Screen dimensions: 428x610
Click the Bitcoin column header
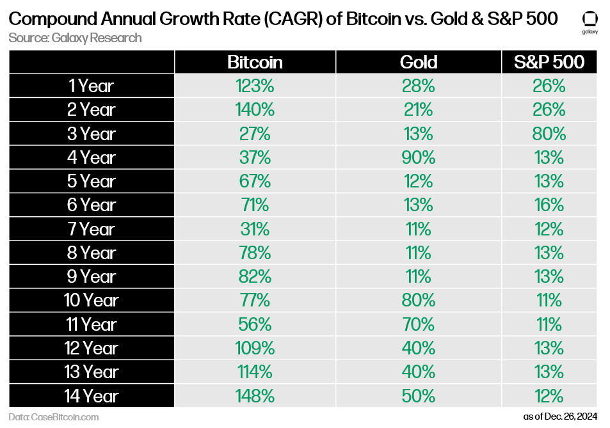coord(255,62)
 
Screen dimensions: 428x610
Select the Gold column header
coord(418,62)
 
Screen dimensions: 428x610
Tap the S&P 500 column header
coord(549,62)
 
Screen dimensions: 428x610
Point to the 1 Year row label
coord(91,86)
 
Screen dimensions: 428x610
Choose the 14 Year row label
coord(91,395)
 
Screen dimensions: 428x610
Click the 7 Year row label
coord(91,229)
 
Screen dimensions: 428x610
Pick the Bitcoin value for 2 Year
coord(255,109)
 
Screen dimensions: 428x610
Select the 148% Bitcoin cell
coord(255,395)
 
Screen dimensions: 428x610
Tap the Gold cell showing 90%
coord(418,157)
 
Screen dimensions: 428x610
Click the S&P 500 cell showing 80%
coord(549,134)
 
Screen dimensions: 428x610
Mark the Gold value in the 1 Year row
coord(418,86)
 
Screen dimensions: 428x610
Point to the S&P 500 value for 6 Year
coord(549,205)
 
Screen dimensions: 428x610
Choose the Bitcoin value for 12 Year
coord(255,348)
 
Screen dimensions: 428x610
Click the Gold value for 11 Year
coord(418,324)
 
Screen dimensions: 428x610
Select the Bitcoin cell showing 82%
coord(255,276)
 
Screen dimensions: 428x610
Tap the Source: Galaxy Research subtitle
coord(75,38)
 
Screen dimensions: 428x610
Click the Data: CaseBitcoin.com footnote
coord(54,416)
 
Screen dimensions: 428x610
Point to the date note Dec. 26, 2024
coord(560,416)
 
